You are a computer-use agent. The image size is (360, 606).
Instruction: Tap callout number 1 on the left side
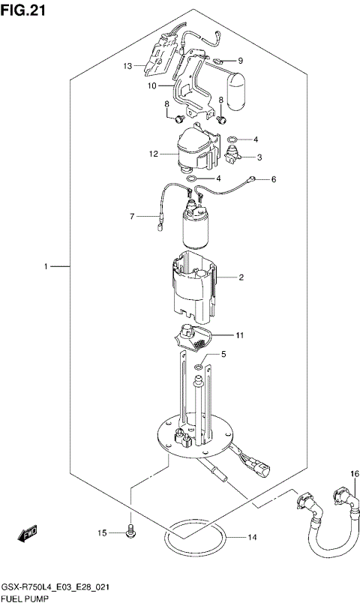click(46, 266)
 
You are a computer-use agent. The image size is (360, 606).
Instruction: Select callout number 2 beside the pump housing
click(241, 278)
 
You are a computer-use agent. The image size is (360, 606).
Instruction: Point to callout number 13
click(128, 66)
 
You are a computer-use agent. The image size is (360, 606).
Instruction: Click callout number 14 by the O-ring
click(252, 538)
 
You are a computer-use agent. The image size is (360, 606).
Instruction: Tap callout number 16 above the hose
click(355, 474)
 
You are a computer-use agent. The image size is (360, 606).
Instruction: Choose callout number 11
click(240, 334)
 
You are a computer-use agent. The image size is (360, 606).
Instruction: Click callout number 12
click(152, 155)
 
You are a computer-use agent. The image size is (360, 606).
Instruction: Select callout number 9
click(240, 61)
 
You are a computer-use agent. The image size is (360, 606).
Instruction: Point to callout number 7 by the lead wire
click(131, 217)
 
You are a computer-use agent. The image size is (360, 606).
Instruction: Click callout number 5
click(222, 353)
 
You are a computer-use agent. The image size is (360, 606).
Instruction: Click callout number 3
click(259, 157)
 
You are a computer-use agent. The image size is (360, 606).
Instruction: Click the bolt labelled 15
click(130, 532)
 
